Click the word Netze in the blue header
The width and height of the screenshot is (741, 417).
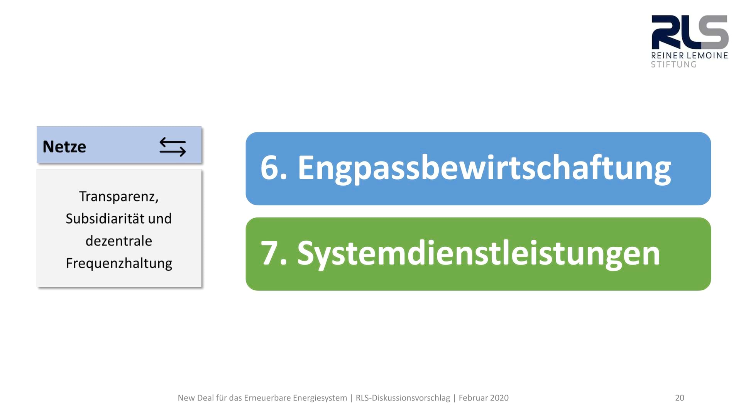point(64,147)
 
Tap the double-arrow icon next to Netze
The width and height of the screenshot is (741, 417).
point(173,147)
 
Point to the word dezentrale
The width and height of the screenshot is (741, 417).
point(119,241)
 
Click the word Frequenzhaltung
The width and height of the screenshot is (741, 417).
point(119,263)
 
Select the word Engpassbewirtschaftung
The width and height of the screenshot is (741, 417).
point(484,169)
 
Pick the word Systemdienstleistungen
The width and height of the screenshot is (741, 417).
point(479,254)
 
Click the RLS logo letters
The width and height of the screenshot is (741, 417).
point(690,32)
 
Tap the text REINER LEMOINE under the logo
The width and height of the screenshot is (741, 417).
point(690,56)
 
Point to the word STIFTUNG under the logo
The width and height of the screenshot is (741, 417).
point(674,64)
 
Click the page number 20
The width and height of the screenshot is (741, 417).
point(680,398)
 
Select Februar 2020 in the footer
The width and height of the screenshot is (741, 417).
point(484,398)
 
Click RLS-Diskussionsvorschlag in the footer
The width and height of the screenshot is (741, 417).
point(403,398)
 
